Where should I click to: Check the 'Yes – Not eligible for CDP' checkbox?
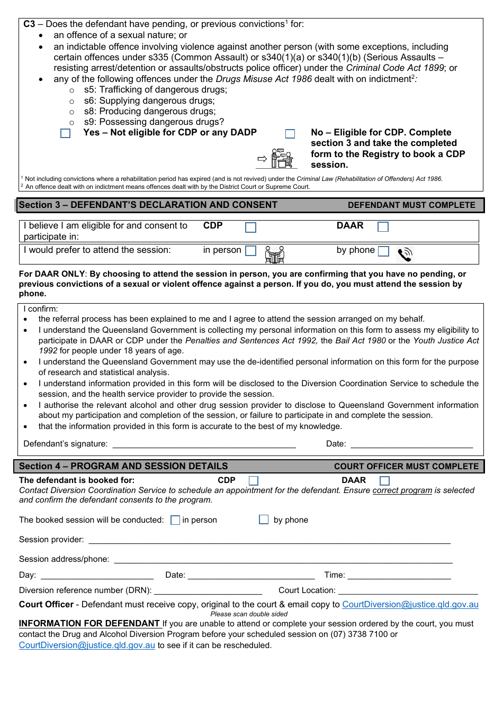click(x=66, y=133)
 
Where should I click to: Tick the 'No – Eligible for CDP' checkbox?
click(x=290, y=134)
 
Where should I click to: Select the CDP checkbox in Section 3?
click(x=251, y=227)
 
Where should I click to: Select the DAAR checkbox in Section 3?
click(x=383, y=227)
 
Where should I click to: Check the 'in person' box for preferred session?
click(x=251, y=251)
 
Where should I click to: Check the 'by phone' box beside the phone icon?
click(x=384, y=251)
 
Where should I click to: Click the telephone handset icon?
click(x=405, y=254)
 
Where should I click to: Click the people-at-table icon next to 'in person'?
click(x=274, y=254)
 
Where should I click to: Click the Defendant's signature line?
click(x=204, y=445)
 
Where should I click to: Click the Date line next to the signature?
click(x=411, y=445)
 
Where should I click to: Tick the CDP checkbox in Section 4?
click(x=254, y=481)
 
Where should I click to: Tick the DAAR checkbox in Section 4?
click(x=385, y=481)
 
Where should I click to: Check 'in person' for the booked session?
click(x=175, y=521)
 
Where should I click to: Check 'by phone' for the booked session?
click(x=264, y=520)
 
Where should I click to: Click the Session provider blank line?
click(x=269, y=541)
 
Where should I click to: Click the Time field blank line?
click(x=399, y=577)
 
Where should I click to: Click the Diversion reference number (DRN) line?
click(x=208, y=592)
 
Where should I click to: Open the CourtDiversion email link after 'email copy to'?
click(x=410, y=605)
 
